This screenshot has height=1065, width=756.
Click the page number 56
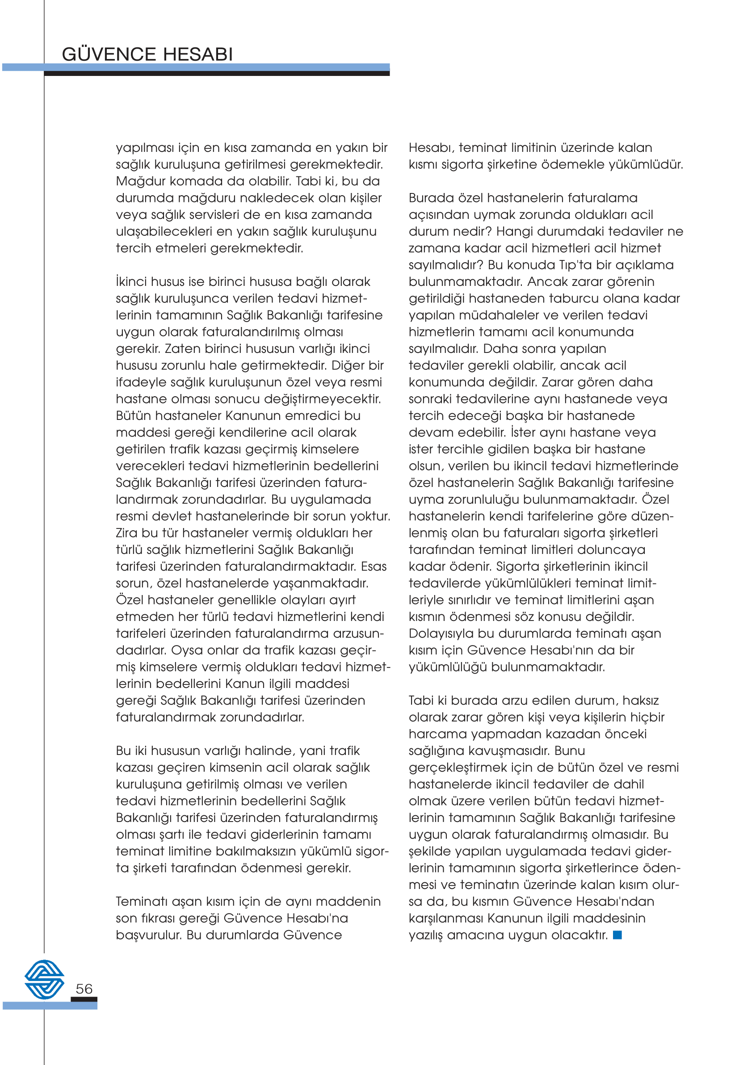point(84,989)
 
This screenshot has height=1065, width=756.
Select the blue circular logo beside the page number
point(44,979)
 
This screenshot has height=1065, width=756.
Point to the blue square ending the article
point(617,935)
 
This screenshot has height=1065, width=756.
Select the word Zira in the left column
point(126,533)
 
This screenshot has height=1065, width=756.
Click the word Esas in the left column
point(374,566)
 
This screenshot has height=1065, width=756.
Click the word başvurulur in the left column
point(147,935)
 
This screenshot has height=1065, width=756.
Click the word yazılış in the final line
point(425,935)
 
